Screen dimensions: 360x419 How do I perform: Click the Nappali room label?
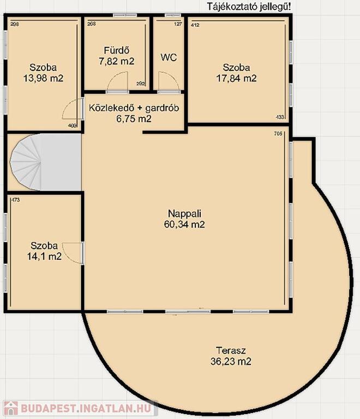point(184,213)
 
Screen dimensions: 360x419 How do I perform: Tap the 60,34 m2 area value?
point(184,224)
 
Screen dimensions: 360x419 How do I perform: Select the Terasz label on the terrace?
point(231,350)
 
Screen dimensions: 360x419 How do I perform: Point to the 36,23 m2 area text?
point(231,361)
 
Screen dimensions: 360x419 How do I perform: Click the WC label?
point(169,57)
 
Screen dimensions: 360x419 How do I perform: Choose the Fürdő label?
point(117,50)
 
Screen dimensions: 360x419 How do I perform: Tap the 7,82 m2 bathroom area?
point(116,61)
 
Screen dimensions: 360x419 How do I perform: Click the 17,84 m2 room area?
point(236,79)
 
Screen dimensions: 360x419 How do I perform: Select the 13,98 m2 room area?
point(43,79)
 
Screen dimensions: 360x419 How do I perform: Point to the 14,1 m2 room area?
point(44,256)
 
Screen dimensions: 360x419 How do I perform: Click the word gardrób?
point(162,108)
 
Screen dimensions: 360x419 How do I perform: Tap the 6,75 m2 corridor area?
point(134,118)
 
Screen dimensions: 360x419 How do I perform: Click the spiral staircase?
point(26,162)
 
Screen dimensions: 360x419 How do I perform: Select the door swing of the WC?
point(168,81)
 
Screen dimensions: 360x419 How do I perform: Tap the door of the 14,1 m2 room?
point(73,253)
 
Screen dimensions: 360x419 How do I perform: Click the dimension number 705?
point(278,134)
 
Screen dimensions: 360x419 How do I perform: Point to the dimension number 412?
point(195,25)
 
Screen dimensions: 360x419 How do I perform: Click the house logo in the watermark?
point(11,409)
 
